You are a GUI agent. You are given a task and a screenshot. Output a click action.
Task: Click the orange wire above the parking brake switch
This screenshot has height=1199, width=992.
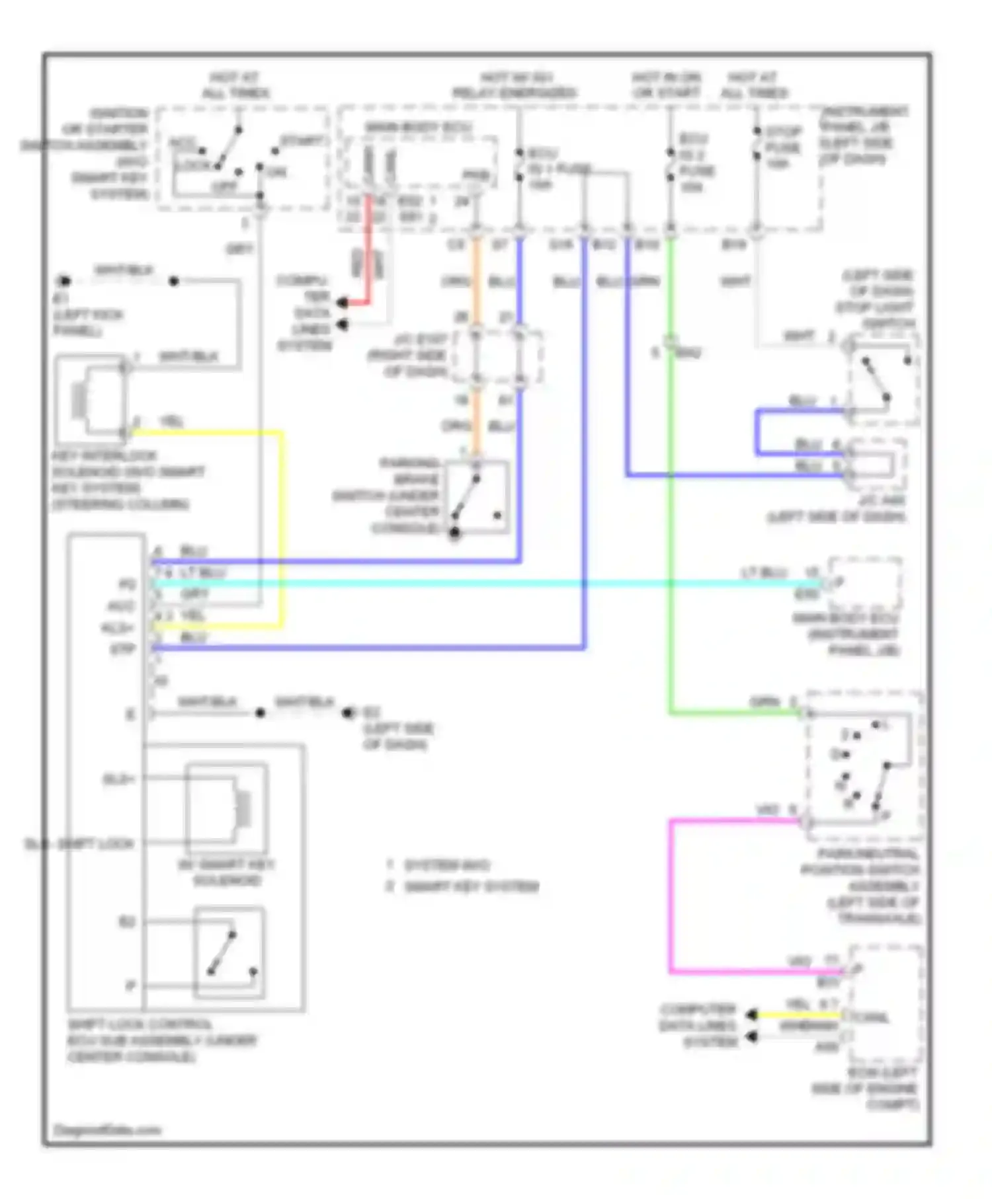pyautogui.click(x=476, y=284)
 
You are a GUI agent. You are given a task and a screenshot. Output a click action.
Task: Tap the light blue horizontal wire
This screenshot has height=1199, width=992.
pyautogui.click(x=463, y=584)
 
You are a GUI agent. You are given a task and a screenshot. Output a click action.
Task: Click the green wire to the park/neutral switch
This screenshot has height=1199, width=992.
pyautogui.click(x=671, y=529)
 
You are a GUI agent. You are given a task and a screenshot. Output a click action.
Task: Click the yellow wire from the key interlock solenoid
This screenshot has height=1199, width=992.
pyautogui.click(x=282, y=529)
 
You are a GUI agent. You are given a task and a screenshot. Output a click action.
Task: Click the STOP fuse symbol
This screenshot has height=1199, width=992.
pyautogui.click(x=757, y=149)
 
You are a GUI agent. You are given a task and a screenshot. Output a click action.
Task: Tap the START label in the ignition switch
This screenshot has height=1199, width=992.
pyautogui.click(x=302, y=141)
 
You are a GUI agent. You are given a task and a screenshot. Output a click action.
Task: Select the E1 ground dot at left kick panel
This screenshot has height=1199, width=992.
pyautogui.click(x=64, y=281)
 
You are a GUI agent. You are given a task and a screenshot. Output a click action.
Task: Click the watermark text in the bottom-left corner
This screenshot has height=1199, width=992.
pyautogui.click(x=107, y=1130)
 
